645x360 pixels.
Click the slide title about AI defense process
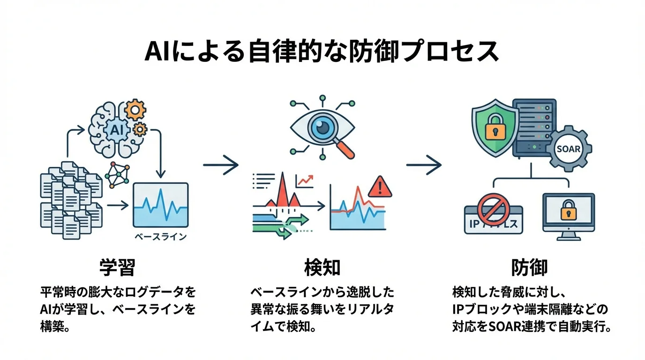coord(322,52)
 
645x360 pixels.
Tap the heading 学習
coord(117,268)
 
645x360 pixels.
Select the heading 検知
coord(322,268)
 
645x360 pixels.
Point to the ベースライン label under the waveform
coord(160,236)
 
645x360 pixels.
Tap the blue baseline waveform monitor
coord(160,205)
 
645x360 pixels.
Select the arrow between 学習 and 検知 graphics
coord(221,165)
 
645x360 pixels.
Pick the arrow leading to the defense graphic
coord(424,165)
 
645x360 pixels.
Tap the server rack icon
coord(534,127)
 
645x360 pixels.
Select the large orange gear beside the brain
coord(135,111)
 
